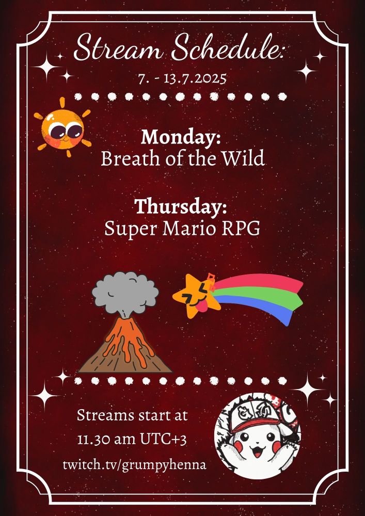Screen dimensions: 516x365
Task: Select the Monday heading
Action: point(181,137)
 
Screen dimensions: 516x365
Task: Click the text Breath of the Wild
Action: point(183,158)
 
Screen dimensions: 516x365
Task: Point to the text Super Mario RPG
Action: point(182,228)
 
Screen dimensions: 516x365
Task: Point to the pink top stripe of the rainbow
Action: point(258,283)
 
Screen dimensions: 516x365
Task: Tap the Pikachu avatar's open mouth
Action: point(257,455)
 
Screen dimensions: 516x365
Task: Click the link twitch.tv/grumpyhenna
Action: point(134,464)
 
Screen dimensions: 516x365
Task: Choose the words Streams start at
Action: point(133,415)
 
